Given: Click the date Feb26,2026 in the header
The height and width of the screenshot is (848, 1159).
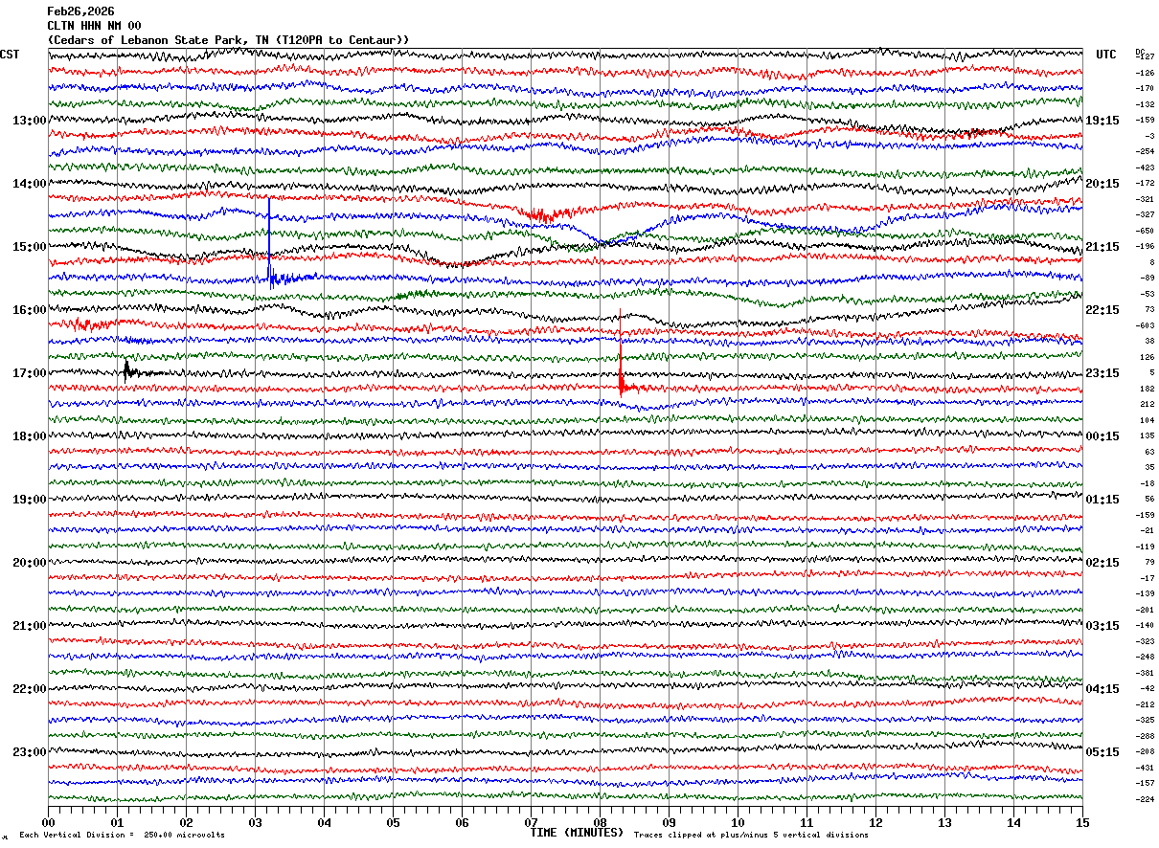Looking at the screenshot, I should tap(80, 11).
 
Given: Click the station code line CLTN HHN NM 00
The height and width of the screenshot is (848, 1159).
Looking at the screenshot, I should tap(94, 26).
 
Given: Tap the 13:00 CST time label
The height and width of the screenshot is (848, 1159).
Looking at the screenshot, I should tap(30, 121).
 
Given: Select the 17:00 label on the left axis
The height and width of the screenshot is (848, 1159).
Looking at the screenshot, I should tap(30, 373).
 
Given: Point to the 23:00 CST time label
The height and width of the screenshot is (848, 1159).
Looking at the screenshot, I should tap(30, 752).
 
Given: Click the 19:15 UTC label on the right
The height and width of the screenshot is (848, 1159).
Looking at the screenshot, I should tap(1102, 121).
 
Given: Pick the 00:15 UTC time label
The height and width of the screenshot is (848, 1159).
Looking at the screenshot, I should tap(1102, 436).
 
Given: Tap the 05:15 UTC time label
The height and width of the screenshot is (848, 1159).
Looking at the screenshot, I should tap(1102, 752).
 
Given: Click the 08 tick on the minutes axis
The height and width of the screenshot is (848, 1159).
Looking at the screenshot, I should tap(601, 822).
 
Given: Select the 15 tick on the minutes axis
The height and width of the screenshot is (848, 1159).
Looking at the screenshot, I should tap(1082, 822).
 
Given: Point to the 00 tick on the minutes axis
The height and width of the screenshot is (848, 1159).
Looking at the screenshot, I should tap(49, 822).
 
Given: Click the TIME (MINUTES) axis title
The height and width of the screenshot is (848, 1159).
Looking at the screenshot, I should tap(577, 833).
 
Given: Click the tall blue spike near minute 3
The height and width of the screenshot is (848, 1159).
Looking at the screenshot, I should tap(269, 239).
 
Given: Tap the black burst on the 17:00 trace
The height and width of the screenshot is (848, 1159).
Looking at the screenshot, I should tap(126, 369).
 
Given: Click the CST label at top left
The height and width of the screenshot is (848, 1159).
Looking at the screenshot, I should tap(10, 55).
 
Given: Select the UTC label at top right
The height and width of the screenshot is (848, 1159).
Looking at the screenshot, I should tap(1106, 55).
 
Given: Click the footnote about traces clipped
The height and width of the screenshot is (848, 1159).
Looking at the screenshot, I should tap(751, 836).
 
